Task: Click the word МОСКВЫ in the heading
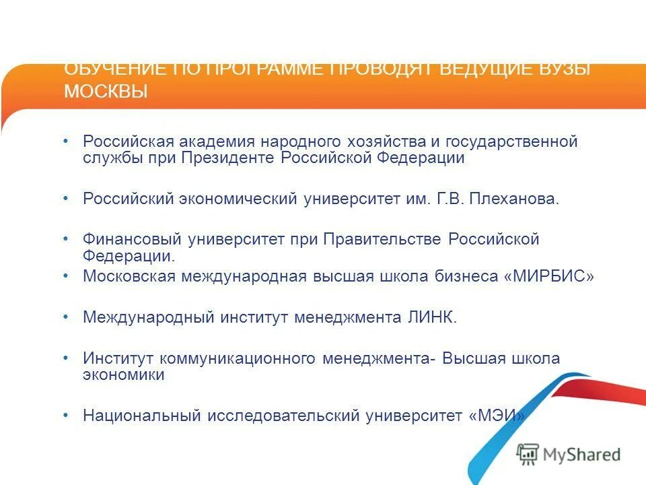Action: point(106,92)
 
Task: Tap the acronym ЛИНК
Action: point(435,318)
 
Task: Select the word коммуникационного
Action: point(250,359)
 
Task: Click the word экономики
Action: point(123,375)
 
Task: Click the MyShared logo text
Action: point(582,455)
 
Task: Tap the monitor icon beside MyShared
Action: point(528,455)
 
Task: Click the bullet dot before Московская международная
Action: point(66,276)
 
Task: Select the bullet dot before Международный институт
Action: point(66,317)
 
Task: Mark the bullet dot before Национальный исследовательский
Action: point(66,415)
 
